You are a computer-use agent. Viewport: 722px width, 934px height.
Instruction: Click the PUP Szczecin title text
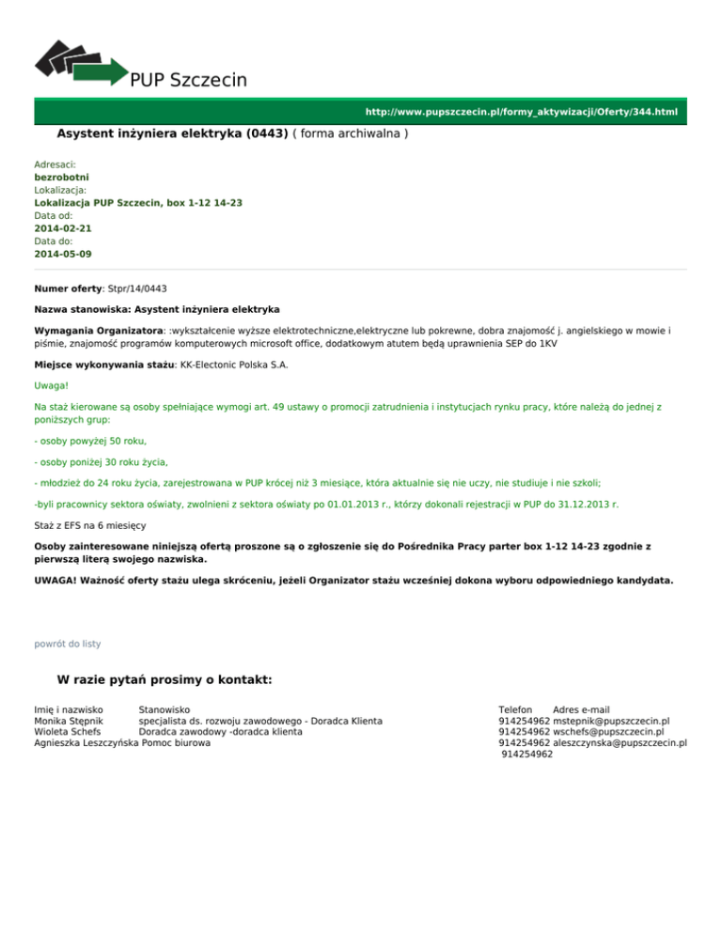(x=188, y=80)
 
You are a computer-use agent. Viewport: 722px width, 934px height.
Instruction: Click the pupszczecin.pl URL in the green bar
(x=521, y=112)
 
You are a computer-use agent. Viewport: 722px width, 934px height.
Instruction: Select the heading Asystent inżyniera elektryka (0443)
(x=172, y=134)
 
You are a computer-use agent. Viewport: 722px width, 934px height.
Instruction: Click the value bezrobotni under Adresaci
(x=62, y=177)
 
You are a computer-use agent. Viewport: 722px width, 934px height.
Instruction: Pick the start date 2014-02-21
(x=62, y=228)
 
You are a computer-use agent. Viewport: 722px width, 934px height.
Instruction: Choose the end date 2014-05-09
(x=62, y=254)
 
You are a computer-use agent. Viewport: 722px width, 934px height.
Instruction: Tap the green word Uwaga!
(x=52, y=385)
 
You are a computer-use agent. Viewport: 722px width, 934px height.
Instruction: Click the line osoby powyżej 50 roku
(x=90, y=441)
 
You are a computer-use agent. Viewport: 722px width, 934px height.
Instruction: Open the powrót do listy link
(x=67, y=644)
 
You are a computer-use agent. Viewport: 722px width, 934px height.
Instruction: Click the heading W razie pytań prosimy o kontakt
(x=165, y=679)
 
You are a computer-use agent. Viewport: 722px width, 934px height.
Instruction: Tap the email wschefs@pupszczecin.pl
(x=608, y=732)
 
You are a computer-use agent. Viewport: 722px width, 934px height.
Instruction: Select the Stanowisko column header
(x=164, y=709)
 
